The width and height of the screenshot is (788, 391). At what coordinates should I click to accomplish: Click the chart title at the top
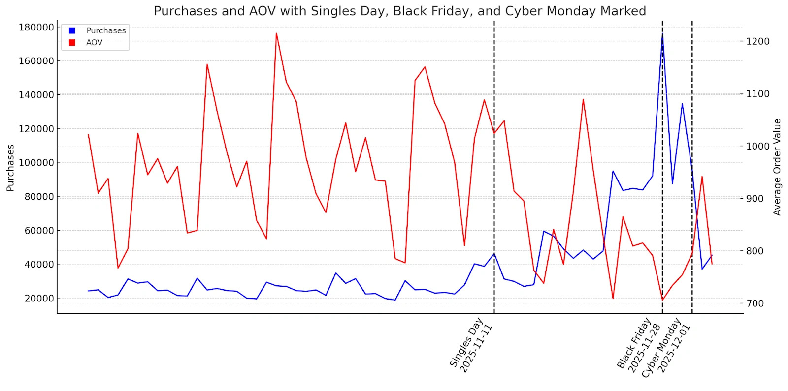coord(399,11)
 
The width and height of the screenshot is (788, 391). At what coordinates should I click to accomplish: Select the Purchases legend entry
coord(105,30)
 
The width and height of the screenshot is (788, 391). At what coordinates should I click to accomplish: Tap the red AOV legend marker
coord(72,43)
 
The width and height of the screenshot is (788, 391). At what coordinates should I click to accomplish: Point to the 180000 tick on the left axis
coord(36,27)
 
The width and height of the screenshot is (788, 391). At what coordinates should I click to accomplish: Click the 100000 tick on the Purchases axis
coord(36,163)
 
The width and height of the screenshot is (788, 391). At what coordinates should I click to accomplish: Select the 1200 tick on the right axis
coord(758,41)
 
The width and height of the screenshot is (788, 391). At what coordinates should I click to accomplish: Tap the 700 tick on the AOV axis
coord(758,303)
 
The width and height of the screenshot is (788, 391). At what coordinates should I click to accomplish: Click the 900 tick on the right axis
coord(758,199)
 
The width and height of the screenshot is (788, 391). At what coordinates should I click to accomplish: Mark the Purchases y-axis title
coord(10,168)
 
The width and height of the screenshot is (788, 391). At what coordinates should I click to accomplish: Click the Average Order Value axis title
coord(777,167)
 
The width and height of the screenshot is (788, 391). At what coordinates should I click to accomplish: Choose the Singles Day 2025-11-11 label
coord(471,346)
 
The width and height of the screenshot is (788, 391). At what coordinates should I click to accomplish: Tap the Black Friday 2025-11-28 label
coord(639,346)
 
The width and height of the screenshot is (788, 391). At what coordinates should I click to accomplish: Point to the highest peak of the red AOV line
coord(276,33)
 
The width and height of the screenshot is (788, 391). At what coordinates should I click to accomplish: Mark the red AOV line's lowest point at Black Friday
coord(662,300)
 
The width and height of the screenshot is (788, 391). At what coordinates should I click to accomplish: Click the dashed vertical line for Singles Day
coord(494,197)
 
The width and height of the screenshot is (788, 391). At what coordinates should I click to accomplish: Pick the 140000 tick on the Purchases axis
coord(36,95)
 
